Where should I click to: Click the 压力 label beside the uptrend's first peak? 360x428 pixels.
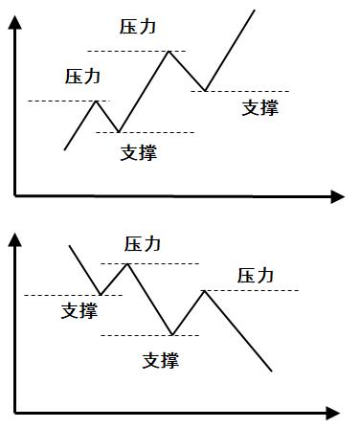click(x=82, y=76)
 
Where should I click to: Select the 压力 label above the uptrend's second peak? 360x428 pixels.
click(x=139, y=27)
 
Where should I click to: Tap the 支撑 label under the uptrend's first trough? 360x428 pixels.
click(x=139, y=152)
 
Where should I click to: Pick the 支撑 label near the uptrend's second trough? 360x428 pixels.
click(x=260, y=108)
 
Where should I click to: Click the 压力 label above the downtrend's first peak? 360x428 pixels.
click(x=144, y=244)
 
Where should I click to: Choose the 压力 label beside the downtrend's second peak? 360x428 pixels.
click(x=256, y=276)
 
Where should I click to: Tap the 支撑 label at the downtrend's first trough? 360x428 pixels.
click(x=79, y=311)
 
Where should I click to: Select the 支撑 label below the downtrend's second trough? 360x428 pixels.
click(x=160, y=361)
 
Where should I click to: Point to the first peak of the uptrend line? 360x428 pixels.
click(x=96, y=101)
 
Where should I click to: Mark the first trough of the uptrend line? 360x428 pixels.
click(x=117, y=131)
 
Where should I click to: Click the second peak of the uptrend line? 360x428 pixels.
click(x=169, y=50)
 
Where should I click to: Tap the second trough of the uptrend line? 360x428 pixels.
click(x=204, y=91)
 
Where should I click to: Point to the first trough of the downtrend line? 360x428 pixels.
click(x=101, y=295)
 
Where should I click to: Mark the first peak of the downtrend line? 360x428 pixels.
click(x=127, y=262)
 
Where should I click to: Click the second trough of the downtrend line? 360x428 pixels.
click(x=171, y=335)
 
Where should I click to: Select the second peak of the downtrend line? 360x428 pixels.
click(x=204, y=289)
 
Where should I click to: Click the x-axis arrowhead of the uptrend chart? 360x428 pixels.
click(x=337, y=196)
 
